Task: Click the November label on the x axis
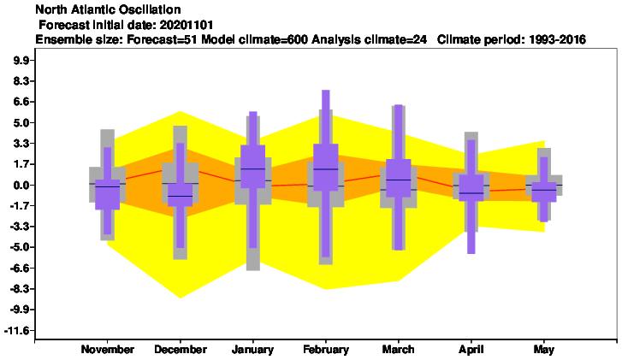click(108, 350)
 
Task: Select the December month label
click(181, 350)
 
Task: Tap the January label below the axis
click(252, 350)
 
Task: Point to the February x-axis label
click(326, 350)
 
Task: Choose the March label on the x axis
click(399, 350)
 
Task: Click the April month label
click(471, 350)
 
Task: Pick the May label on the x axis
click(544, 350)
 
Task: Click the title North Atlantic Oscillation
click(109, 9)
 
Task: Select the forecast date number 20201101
click(187, 26)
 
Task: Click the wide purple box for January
click(252, 167)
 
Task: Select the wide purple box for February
click(326, 168)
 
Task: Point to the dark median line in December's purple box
click(180, 197)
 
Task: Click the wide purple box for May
click(544, 192)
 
